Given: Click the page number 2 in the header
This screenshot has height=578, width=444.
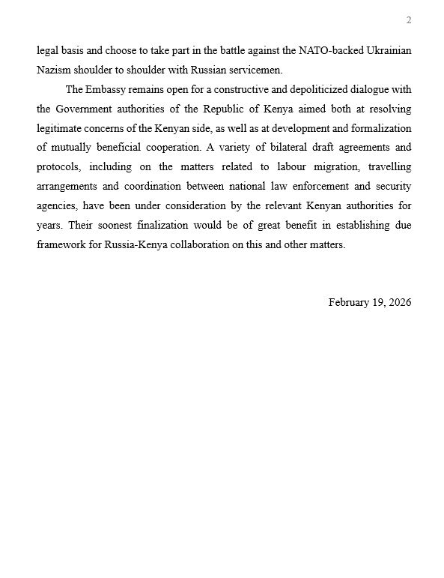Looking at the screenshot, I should (409, 20).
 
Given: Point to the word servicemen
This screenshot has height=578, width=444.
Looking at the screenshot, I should (257, 70).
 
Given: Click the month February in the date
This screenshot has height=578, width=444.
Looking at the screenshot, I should (350, 302).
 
